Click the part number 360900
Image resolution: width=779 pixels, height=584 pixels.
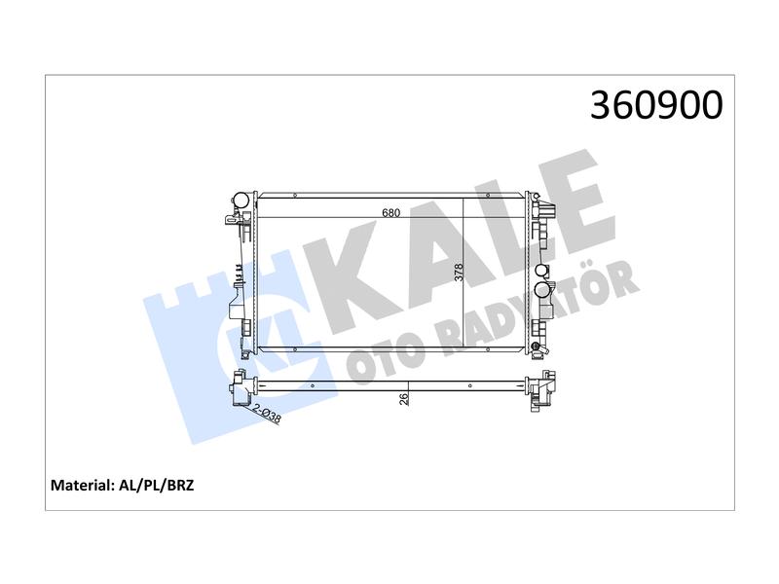656,106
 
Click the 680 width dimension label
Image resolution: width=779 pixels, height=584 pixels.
391,212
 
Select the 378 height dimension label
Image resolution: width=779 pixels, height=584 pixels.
459,273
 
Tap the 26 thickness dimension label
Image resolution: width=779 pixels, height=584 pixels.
404,399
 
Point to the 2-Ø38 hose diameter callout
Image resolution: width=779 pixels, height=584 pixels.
267,415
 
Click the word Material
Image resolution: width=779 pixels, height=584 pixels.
82,485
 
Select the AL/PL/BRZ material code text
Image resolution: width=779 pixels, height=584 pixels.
157,485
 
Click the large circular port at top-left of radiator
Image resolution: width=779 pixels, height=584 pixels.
241,201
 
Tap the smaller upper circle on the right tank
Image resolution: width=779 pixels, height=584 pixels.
541,271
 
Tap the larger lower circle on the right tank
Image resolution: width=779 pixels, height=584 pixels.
541,289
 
